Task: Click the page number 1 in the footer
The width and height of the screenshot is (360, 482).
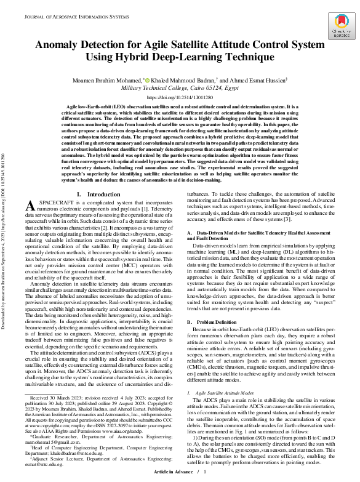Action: [x=204, y=471]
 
